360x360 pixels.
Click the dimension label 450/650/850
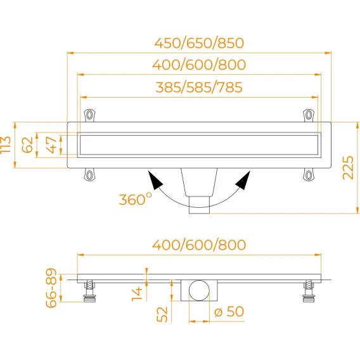199,43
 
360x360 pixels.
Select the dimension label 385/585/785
199,87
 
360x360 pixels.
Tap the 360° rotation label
136,199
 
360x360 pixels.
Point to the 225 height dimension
348,167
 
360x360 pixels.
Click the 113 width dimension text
6,145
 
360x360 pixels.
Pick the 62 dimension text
27,145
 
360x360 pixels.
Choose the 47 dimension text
51,145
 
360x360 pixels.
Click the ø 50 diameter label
229,312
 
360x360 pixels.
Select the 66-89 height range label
51,288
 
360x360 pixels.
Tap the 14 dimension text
137,294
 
